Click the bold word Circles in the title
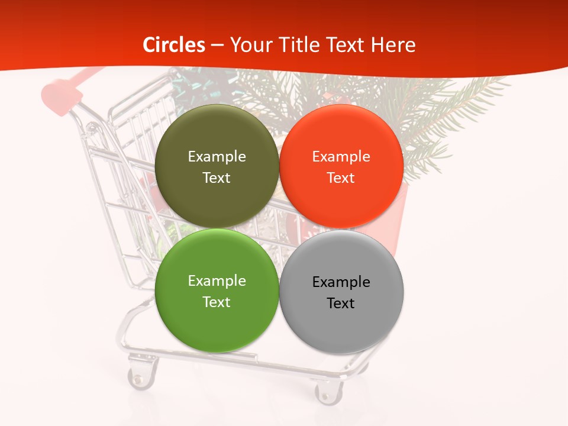coord(173,45)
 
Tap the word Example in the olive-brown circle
coord(217,157)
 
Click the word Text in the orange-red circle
coord(341,178)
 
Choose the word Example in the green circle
coord(217,281)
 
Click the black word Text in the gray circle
coord(341,304)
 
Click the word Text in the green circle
coord(217,302)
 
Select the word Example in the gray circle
coord(341,282)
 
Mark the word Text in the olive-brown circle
coord(217,178)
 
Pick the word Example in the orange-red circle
coord(341,157)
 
